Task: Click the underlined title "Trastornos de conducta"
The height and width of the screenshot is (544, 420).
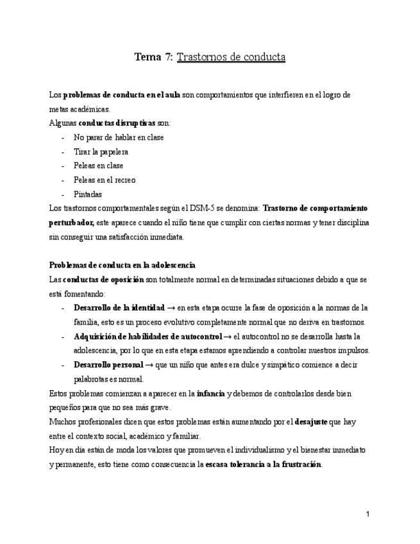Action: [231, 57]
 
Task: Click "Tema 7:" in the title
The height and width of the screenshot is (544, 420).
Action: [153, 57]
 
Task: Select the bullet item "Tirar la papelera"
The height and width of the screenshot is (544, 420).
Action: [101, 151]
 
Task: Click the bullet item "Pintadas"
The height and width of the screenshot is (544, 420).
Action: [88, 194]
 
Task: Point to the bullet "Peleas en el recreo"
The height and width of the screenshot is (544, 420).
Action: [105, 180]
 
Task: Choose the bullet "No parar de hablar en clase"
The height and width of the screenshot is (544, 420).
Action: [119, 137]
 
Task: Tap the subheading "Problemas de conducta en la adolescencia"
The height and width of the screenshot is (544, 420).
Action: [122, 265]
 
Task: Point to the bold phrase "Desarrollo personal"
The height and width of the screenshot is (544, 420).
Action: [108, 364]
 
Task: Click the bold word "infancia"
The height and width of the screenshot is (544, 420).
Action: [211, 393]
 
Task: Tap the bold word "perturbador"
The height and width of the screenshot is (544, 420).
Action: [71, 223]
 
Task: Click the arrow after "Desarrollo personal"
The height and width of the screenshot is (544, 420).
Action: [149, 364]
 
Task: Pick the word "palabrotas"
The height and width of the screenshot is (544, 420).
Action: [92, 378]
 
